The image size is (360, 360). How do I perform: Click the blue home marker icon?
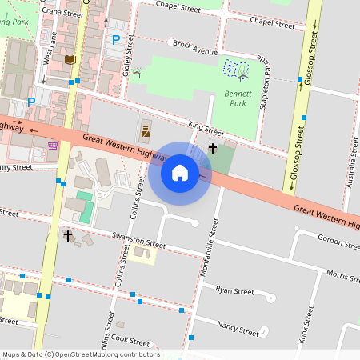point(180,173)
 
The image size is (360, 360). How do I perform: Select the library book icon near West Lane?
point(70,60)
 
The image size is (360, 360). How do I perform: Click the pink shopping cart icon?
point(53,146)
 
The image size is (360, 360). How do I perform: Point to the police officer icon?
point(146,128)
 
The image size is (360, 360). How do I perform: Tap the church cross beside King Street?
point(213,148)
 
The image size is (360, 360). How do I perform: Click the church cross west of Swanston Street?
point(68,236)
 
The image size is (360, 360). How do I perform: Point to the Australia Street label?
point(351,163)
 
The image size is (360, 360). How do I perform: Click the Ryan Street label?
point(234,290)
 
